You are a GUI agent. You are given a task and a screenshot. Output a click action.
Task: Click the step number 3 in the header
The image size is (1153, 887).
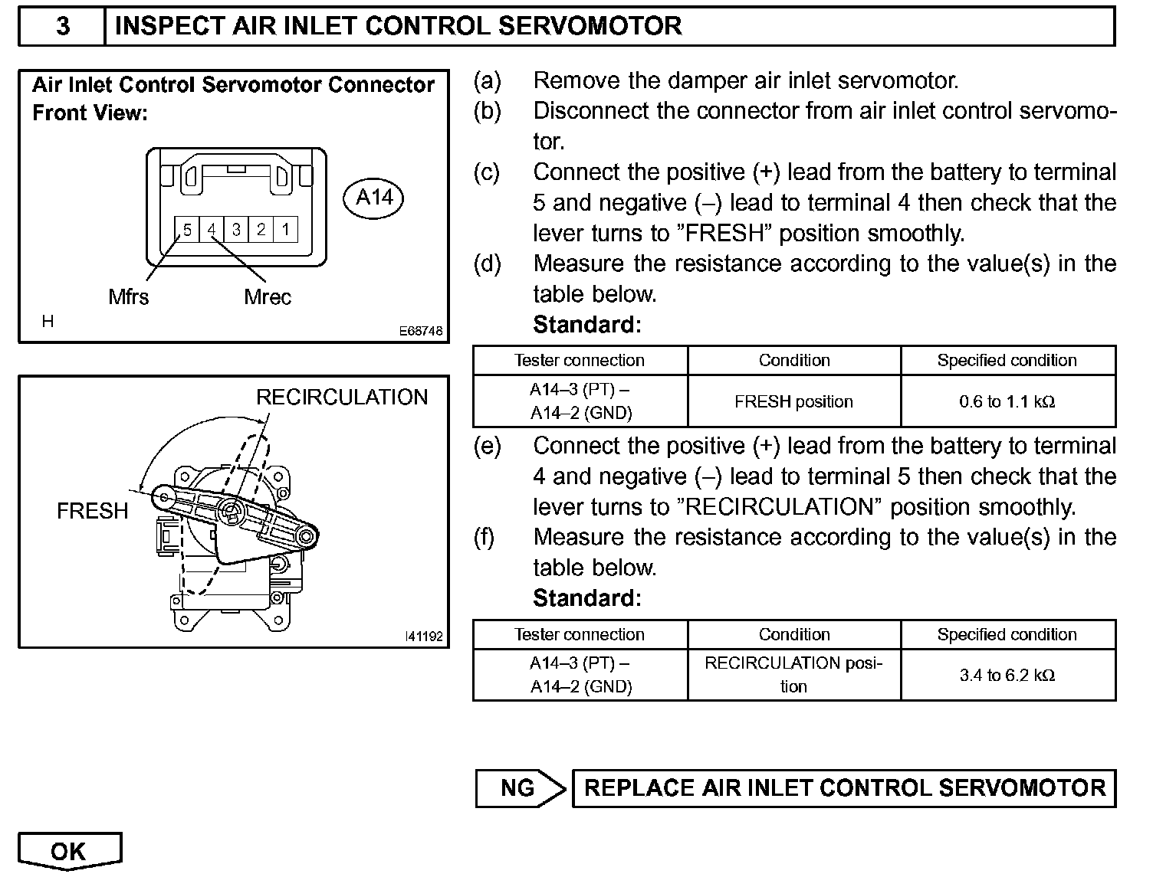coord(63,26)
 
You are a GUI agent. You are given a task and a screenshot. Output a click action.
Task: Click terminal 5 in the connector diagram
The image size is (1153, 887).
coord(186,229)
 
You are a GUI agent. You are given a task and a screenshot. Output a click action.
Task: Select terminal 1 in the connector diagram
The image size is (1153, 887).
coord(285,229)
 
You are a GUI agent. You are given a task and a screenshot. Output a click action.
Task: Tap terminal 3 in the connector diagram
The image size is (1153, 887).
coord(236,229)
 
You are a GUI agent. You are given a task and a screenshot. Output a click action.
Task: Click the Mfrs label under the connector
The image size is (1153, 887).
coord(129,296)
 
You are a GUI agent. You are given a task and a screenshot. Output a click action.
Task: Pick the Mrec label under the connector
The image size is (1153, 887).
coord(268,296)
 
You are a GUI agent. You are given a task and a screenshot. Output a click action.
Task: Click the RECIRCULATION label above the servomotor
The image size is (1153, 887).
coord(342,397)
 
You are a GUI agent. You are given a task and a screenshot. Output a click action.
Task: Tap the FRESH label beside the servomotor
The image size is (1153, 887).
coord(92,510)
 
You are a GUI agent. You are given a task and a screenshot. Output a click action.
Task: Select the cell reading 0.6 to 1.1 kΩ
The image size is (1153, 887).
coord(1007,401)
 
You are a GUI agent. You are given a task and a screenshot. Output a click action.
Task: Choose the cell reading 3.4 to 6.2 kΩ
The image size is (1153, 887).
coord(1007,675)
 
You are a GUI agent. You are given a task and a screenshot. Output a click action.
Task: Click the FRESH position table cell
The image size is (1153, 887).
coord(793,401)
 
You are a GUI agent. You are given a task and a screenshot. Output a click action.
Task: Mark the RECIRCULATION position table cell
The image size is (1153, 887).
coord(793,675)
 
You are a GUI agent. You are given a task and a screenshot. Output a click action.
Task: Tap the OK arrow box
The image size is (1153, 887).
coord(69,851)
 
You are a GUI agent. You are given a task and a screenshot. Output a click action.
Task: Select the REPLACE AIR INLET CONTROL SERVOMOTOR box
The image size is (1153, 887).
coord(844,788)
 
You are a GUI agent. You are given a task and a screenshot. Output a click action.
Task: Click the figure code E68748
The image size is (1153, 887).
coord(421,332)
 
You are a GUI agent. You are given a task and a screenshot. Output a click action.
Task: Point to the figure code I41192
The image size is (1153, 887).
coord(424,637)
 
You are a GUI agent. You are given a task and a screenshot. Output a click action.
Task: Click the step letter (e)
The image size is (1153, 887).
coord(487,446)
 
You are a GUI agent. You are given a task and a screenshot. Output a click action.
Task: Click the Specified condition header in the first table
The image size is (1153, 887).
coord(1007,361)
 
